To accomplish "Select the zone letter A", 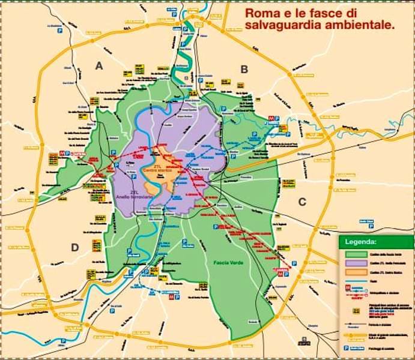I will pos(99,66).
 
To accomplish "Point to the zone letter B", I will pos(244,69).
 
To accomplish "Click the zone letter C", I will pos(302,202).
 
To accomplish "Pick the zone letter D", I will pos(75,247).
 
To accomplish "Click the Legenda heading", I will pos(360,242).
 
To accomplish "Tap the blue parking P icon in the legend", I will pos(346,347).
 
